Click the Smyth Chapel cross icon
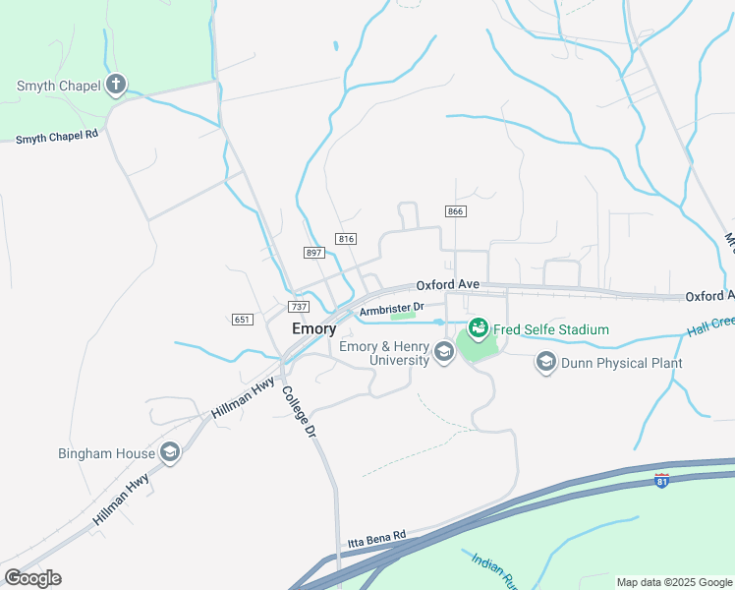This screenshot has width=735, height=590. [116, 85]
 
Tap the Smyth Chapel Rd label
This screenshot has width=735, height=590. [57, 137]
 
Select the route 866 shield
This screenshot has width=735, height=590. [454, 211]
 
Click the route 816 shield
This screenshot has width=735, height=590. [345, 239]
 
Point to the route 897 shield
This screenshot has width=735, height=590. [314, 253]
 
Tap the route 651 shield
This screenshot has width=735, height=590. [243, 320]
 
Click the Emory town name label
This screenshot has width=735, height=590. [314, 329]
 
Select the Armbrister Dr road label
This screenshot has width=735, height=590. [391, 309]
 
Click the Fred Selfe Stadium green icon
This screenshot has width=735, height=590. [478, 328]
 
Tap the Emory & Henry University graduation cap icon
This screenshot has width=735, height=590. [443, 353]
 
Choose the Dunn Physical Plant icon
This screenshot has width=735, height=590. [545, 363]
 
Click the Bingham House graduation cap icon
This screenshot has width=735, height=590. [170, 452]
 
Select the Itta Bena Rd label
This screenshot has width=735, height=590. [376, 538]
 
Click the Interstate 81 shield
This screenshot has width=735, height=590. [662, 480]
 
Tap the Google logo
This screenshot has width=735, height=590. [32, 577]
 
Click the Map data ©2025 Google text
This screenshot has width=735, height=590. [673, 582]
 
